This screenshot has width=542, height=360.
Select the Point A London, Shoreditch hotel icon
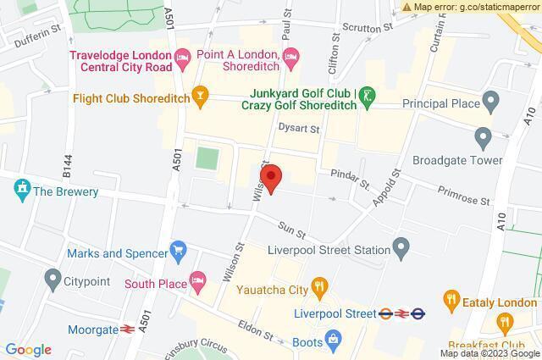tap(292, 59)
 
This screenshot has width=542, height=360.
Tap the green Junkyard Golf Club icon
tap(366, 95)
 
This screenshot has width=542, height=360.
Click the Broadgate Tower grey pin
tap(484, 137)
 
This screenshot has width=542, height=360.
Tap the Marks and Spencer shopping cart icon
tap(177, 251)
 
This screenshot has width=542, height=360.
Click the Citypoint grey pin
tap(53, 278)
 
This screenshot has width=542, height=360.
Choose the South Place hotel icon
tap(197, 279)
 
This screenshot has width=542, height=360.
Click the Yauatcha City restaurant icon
tap(318, 288)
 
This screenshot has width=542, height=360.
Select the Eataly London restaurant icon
tap(451, 300)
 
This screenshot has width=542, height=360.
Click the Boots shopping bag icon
tap(334, 341)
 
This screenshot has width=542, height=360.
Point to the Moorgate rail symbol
tap(129, 328)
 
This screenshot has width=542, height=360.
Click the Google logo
tap(28, 350)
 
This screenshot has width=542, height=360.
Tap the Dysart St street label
tap(300, 130)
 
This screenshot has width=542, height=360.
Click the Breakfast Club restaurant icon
tap(506, 322)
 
